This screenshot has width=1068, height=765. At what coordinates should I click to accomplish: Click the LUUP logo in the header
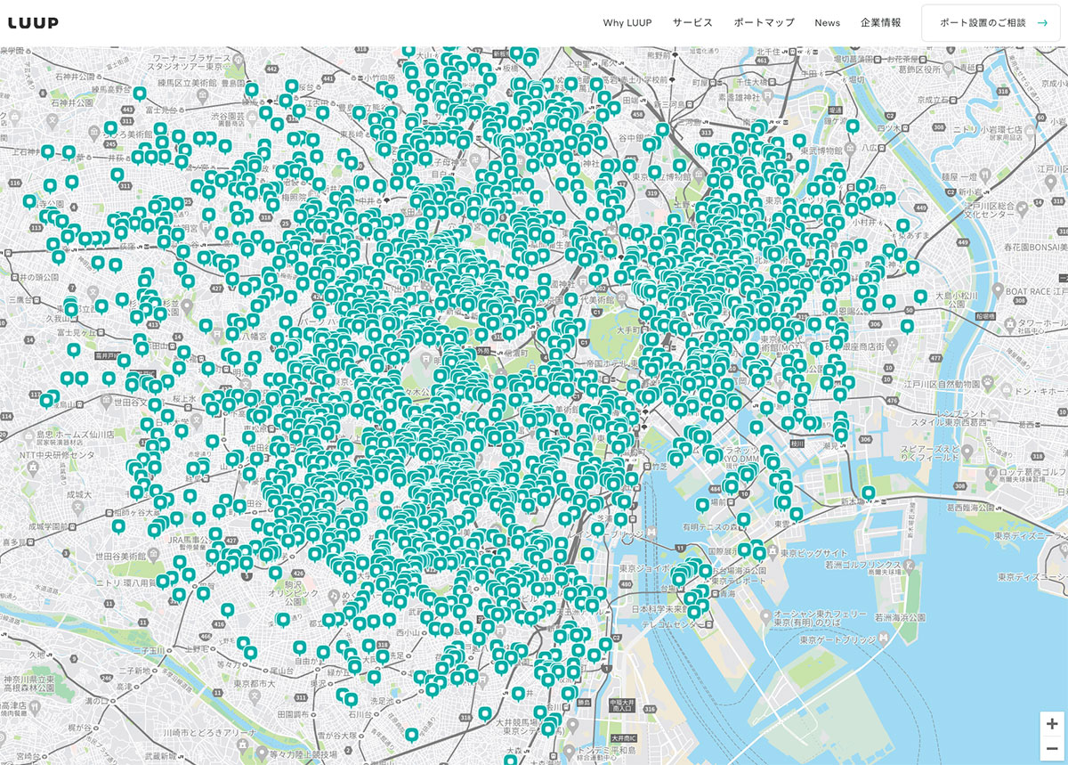pos(33,23)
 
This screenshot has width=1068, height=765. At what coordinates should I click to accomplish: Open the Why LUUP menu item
pos(627,23)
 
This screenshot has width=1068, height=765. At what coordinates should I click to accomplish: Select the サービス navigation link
pos(692,23)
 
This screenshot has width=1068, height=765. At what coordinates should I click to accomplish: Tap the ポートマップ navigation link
pos(764,23)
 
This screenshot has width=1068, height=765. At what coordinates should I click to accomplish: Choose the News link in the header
pos(827,23)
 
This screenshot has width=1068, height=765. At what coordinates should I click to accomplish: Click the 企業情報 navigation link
pos(880,23)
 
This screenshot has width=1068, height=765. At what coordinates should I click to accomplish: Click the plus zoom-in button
pos(1052,723)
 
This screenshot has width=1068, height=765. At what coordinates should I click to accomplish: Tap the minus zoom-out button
pos(1052,748)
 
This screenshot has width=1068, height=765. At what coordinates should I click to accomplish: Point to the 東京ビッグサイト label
pos(814,553)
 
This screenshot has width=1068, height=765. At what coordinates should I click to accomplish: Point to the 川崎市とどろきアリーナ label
pos(206,732)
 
